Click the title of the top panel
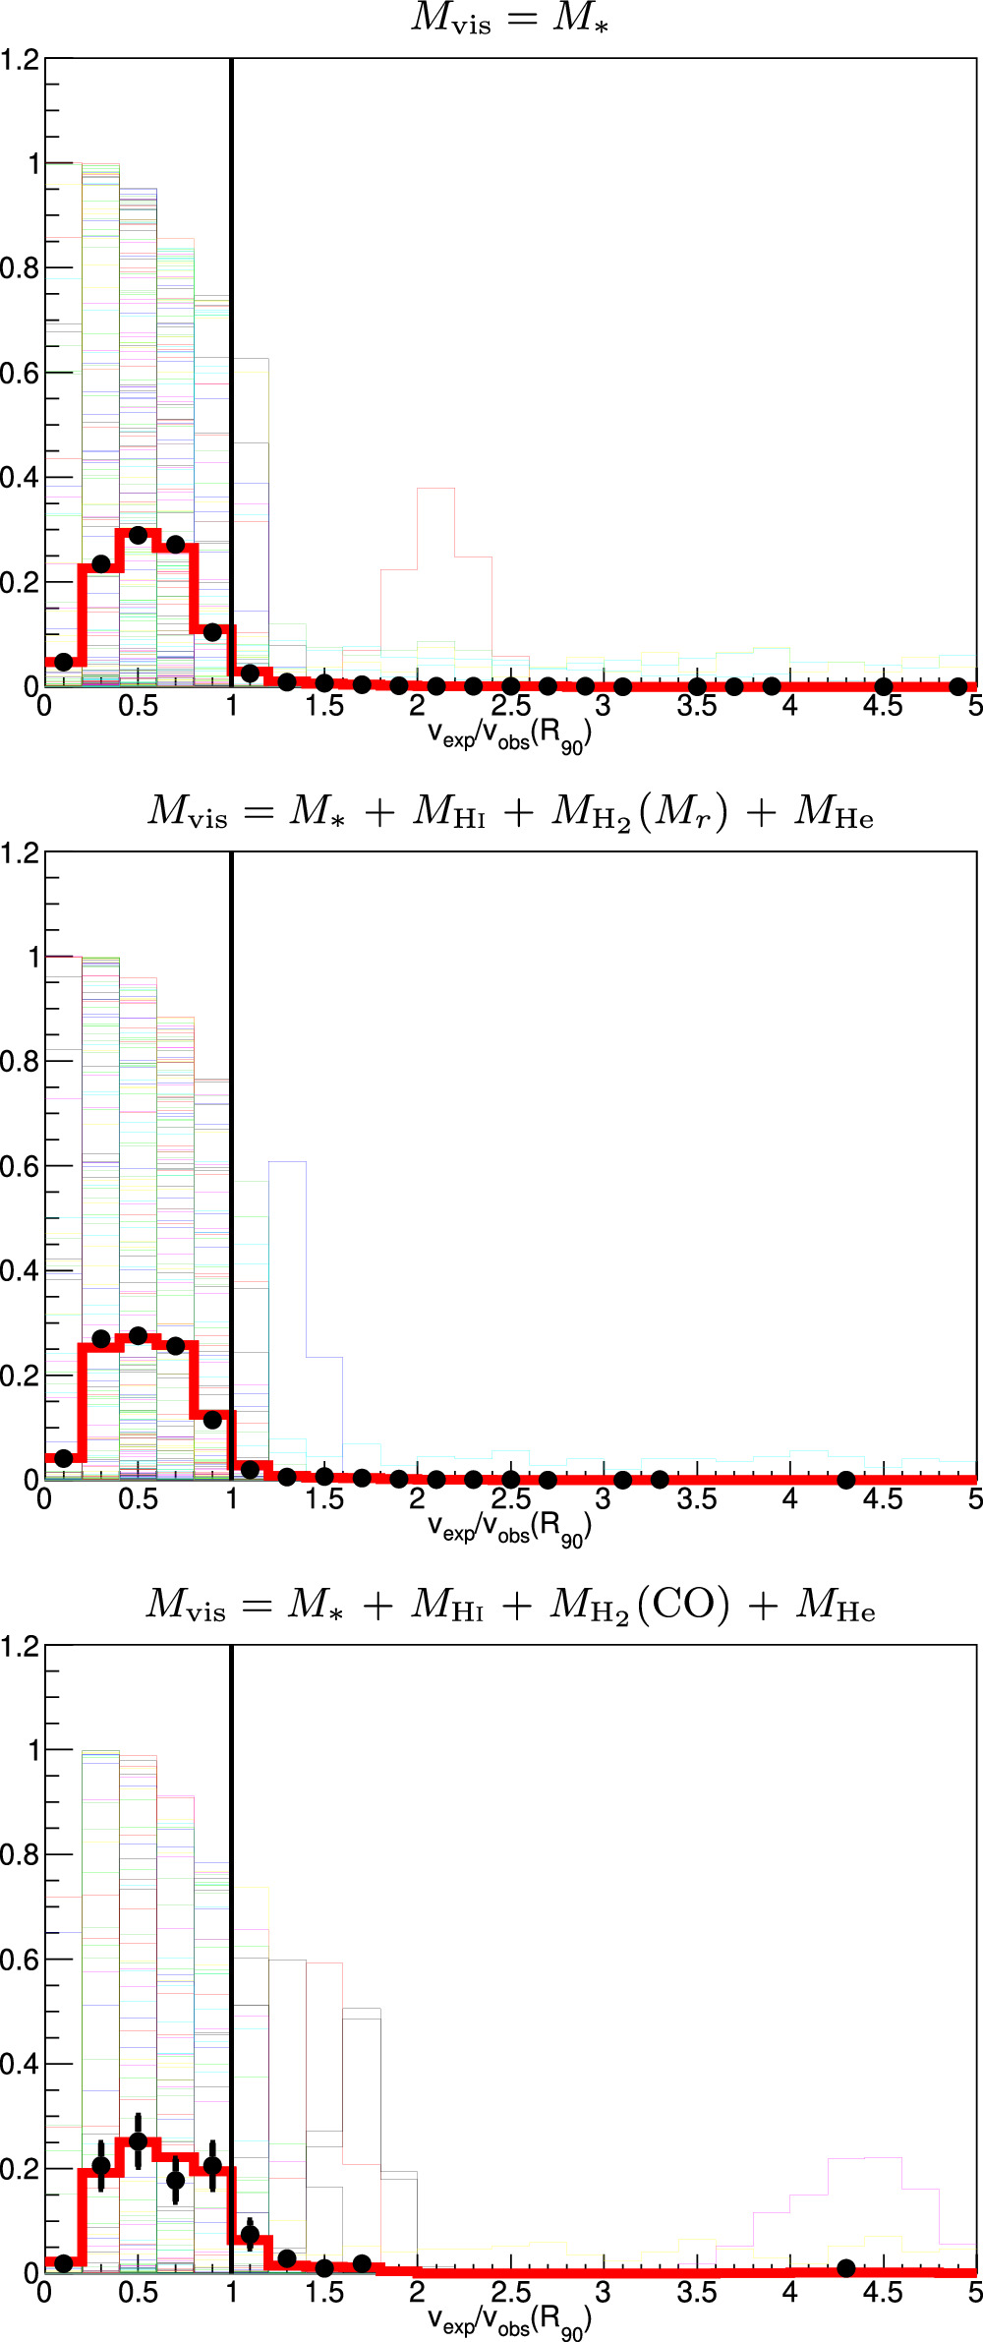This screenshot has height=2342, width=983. point(509,19)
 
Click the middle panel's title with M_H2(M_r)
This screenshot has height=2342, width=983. point(510,812)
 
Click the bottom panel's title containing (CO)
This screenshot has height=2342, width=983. point(510,1606)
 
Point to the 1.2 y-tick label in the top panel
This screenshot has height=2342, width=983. point(20,60)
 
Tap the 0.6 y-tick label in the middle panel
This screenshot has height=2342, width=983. point(20,1166)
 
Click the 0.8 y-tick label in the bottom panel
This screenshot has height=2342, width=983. point(20,1855)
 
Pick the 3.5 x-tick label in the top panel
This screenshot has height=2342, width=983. point(697,706)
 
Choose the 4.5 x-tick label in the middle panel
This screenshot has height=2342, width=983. point(883,1499)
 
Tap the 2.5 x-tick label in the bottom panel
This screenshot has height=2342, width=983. point(510,2293)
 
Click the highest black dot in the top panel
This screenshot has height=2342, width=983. point(138,535)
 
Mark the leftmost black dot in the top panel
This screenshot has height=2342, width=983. point(64,662)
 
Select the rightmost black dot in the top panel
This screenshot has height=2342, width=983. point(957,686)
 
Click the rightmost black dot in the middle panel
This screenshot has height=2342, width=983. point(845,1480)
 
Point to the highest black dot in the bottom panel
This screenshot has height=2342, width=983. point(138,2140)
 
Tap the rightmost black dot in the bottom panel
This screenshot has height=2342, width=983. point(845,2267)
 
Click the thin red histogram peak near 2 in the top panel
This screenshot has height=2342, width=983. point(435,489)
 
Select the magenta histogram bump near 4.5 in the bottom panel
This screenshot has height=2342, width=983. point(865,2158)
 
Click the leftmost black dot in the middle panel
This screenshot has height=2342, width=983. point(64,1458)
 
